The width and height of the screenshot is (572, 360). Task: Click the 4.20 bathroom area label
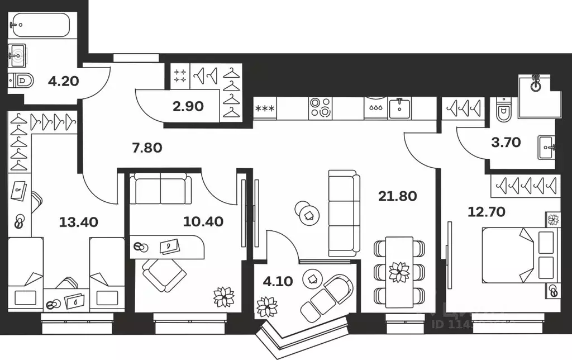63,81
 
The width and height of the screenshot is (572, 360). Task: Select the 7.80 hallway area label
147,148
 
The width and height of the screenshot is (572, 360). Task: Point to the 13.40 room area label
78,222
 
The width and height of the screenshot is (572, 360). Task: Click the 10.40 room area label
203,221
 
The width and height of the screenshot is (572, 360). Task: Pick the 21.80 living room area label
398,196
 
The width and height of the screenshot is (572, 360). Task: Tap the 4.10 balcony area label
277,282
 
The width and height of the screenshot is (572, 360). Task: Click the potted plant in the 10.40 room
224,296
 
